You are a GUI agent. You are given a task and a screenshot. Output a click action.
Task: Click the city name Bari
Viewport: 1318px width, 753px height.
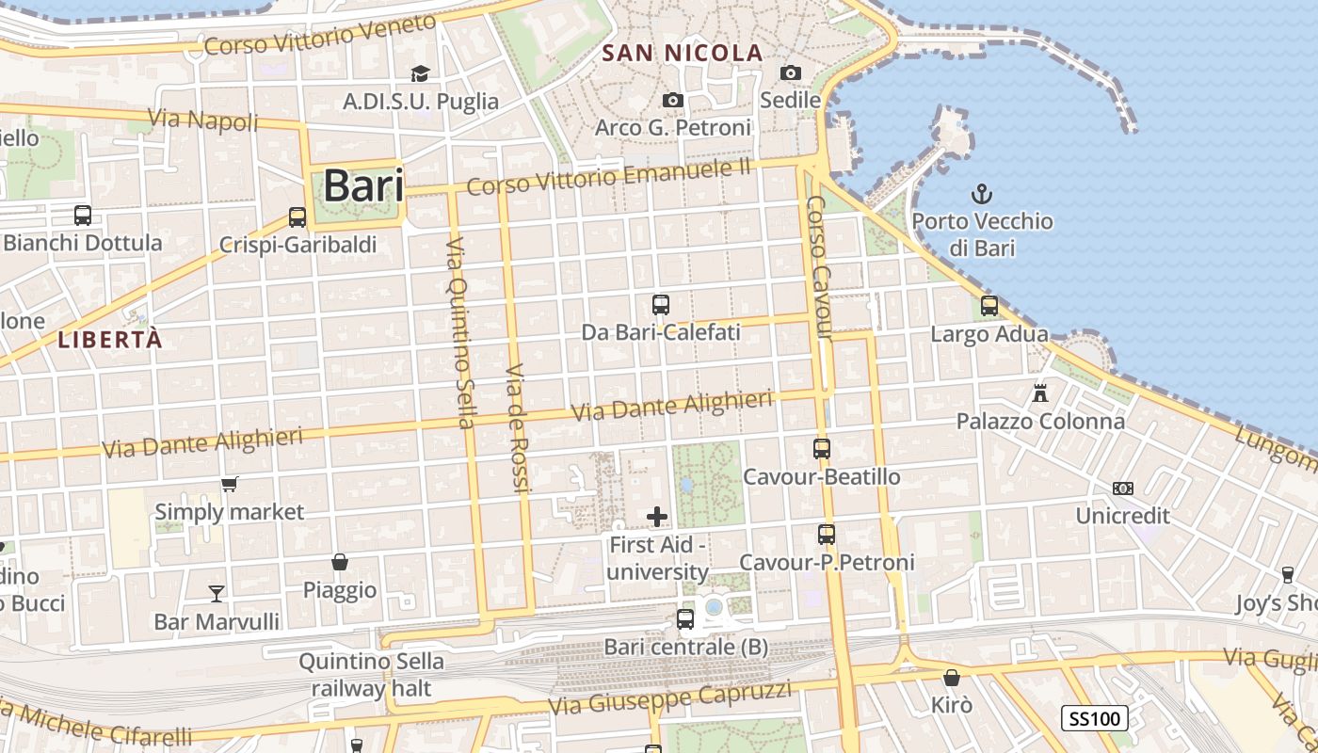[363, 186]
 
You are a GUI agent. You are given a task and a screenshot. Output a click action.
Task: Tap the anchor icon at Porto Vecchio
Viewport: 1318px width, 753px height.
[982, 195]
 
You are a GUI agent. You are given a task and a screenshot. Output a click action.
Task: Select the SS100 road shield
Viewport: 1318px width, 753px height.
[1094, 719]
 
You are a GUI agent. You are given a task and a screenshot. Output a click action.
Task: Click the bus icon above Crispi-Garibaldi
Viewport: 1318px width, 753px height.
[297, 217]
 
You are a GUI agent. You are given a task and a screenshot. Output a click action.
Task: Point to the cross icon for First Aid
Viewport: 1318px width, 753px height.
[657, 517]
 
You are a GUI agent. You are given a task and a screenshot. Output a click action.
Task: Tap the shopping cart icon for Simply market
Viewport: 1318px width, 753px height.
[229, 485]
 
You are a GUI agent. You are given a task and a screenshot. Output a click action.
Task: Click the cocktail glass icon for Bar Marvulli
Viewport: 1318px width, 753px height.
[217, 593]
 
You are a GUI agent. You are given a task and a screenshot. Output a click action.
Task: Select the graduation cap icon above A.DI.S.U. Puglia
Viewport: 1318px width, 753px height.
[420, 73]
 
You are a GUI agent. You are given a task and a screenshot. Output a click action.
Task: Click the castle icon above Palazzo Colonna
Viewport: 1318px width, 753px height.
[1040, 393]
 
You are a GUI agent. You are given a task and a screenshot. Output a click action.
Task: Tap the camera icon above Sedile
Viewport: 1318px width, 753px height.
[791, 72]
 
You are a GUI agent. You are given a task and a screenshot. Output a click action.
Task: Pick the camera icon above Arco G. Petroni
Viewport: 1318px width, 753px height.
[672, 100]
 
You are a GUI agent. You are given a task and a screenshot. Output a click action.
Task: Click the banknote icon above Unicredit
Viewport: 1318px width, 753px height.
[1122, 489]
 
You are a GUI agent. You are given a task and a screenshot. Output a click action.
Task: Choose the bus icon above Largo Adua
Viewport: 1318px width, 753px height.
[988, 306]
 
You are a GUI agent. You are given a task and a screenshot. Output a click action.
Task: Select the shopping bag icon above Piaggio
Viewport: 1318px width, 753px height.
[340, 562]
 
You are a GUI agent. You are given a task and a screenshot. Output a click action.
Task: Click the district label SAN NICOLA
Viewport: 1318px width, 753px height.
[682, 54]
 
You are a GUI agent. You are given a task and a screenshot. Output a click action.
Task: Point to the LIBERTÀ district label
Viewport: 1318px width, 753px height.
[110, 341]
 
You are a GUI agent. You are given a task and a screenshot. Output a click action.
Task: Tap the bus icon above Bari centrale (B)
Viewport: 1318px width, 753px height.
[685, 619]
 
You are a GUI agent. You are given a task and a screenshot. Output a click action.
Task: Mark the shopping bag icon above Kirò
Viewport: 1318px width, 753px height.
[952, 677]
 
